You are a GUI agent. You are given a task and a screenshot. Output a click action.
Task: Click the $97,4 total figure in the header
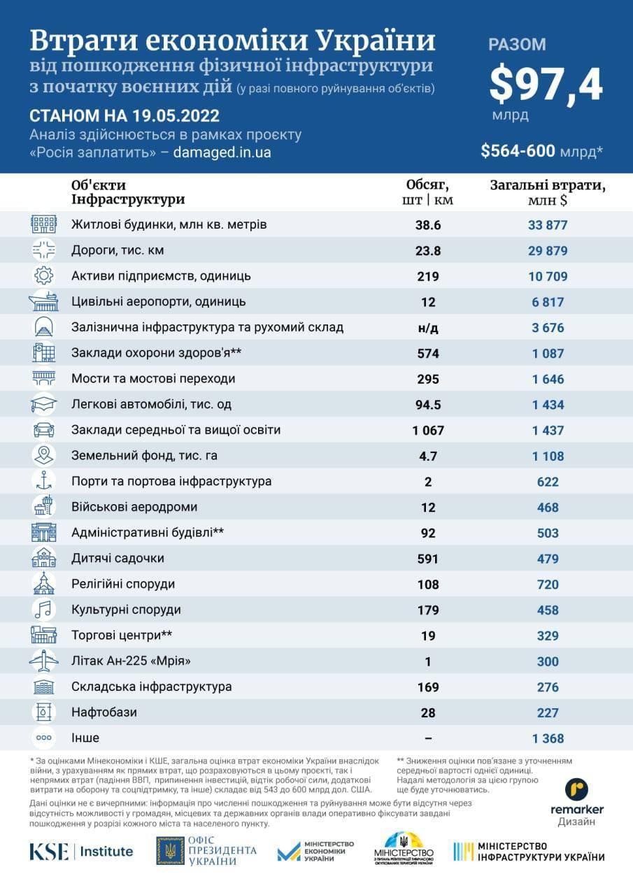tap(546, 85)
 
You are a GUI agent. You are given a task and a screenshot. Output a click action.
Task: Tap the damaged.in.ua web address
tap(222, 152)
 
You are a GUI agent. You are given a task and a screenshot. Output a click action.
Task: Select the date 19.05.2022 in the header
tap(176, 116)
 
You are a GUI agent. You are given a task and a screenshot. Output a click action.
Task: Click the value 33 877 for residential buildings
tap(548, 225)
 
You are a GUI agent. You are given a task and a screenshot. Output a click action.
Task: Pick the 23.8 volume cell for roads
tap(428, 250)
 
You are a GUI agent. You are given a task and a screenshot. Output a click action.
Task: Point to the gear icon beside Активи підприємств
tap(44, 275)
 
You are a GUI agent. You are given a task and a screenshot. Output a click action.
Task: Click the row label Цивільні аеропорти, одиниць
tap(159, 301)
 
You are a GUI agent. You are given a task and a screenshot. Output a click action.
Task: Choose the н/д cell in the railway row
tap(428, 328)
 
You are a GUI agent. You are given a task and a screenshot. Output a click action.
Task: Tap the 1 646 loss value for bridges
tap(548, 379)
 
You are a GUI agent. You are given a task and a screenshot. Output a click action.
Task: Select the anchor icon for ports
tap(44, 480)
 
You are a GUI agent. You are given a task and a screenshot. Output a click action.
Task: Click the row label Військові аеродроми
tap(134, 507)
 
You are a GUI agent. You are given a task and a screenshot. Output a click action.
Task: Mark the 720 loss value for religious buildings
tap(548, 585)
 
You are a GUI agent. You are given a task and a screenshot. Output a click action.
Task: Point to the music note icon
tap(44, 609)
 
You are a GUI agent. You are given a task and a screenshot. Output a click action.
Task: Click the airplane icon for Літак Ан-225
tap(44, 661)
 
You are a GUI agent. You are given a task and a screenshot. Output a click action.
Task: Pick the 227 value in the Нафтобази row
tap(548, 713)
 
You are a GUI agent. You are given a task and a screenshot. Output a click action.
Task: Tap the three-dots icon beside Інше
tap(44, 738)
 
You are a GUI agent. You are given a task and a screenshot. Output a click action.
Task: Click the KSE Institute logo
tap(81, 852)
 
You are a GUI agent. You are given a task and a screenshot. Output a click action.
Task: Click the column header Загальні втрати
tap(548, 185)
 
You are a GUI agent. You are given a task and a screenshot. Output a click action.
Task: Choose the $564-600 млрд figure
tap(542, 151)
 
